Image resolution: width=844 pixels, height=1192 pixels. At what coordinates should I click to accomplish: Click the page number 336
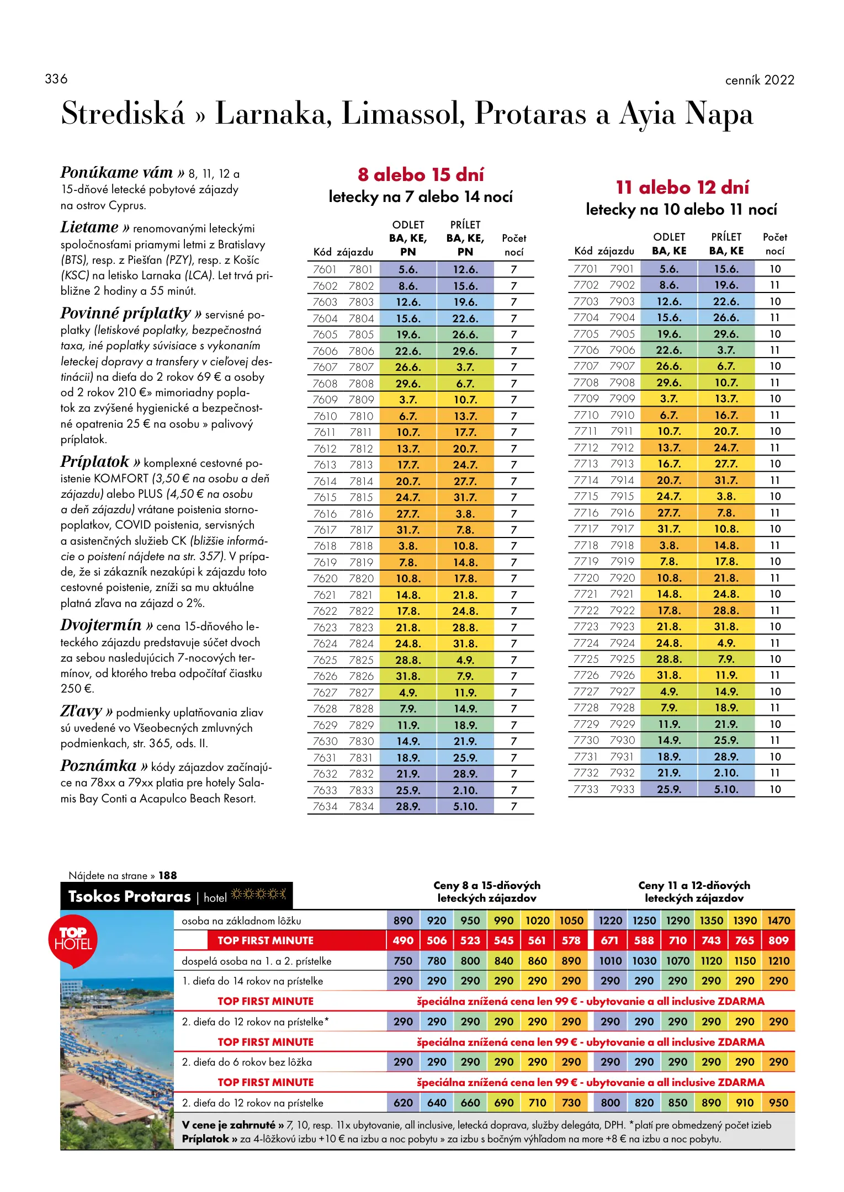56,79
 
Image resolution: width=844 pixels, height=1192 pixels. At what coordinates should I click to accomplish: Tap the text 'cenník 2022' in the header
760,80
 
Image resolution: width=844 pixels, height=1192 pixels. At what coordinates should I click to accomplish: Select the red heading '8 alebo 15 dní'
421,174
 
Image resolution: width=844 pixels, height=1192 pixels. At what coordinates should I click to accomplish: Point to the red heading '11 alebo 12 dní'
682,187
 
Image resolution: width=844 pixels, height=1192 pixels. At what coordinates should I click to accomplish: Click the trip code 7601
325,269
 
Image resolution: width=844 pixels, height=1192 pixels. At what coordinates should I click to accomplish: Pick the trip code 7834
361,806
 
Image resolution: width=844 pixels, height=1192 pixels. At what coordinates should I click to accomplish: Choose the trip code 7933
622,789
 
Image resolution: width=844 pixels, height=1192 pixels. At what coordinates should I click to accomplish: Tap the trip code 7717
586,529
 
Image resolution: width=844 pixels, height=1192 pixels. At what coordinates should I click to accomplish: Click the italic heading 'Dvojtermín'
101,625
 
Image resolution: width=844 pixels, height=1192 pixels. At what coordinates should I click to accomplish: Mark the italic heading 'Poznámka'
98,766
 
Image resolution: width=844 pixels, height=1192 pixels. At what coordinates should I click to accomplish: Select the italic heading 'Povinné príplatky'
125,313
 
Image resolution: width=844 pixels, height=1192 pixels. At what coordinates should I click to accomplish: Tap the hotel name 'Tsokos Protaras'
130,897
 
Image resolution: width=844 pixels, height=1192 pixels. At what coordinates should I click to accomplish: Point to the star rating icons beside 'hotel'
259,895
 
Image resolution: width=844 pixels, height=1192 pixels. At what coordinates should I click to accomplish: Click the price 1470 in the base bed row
778,920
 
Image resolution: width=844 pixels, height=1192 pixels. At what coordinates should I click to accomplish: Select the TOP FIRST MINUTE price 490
403,940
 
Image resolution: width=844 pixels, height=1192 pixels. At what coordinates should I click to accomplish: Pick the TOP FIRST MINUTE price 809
778,940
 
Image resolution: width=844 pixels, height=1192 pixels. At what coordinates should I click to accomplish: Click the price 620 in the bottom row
403,1103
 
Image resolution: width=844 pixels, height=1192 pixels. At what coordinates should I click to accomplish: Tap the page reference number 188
168,876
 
